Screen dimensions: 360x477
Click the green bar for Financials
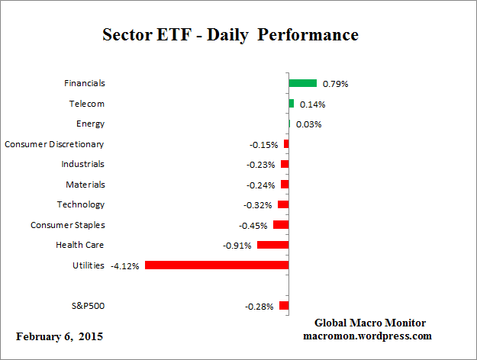(x=302, y=83)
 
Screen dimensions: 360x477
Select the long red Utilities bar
(x=217, y=265)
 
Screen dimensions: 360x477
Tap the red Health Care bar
(x=272, y=245)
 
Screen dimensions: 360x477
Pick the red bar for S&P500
(x=284, y=306)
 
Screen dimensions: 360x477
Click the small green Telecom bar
(x=291, y=103)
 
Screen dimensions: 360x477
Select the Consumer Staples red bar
(x=281, y=225)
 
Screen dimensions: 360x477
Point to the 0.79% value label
(x=334, y=84)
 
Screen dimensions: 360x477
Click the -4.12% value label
(x=125, y=266)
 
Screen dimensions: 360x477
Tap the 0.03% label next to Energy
(x=308, y=124)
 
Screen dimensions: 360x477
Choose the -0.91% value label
(x=237, y=246)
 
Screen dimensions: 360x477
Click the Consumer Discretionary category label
(x=54, y=144)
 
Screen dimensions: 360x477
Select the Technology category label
(x=80, y=204)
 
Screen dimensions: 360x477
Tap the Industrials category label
(x=82, y=164)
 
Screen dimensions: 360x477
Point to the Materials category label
(x=85, y=185)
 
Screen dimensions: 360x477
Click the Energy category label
(x=90, y=124)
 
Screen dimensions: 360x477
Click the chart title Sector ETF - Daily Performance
(x=230, y=35)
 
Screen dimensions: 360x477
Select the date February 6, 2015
(x=60, y=336)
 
